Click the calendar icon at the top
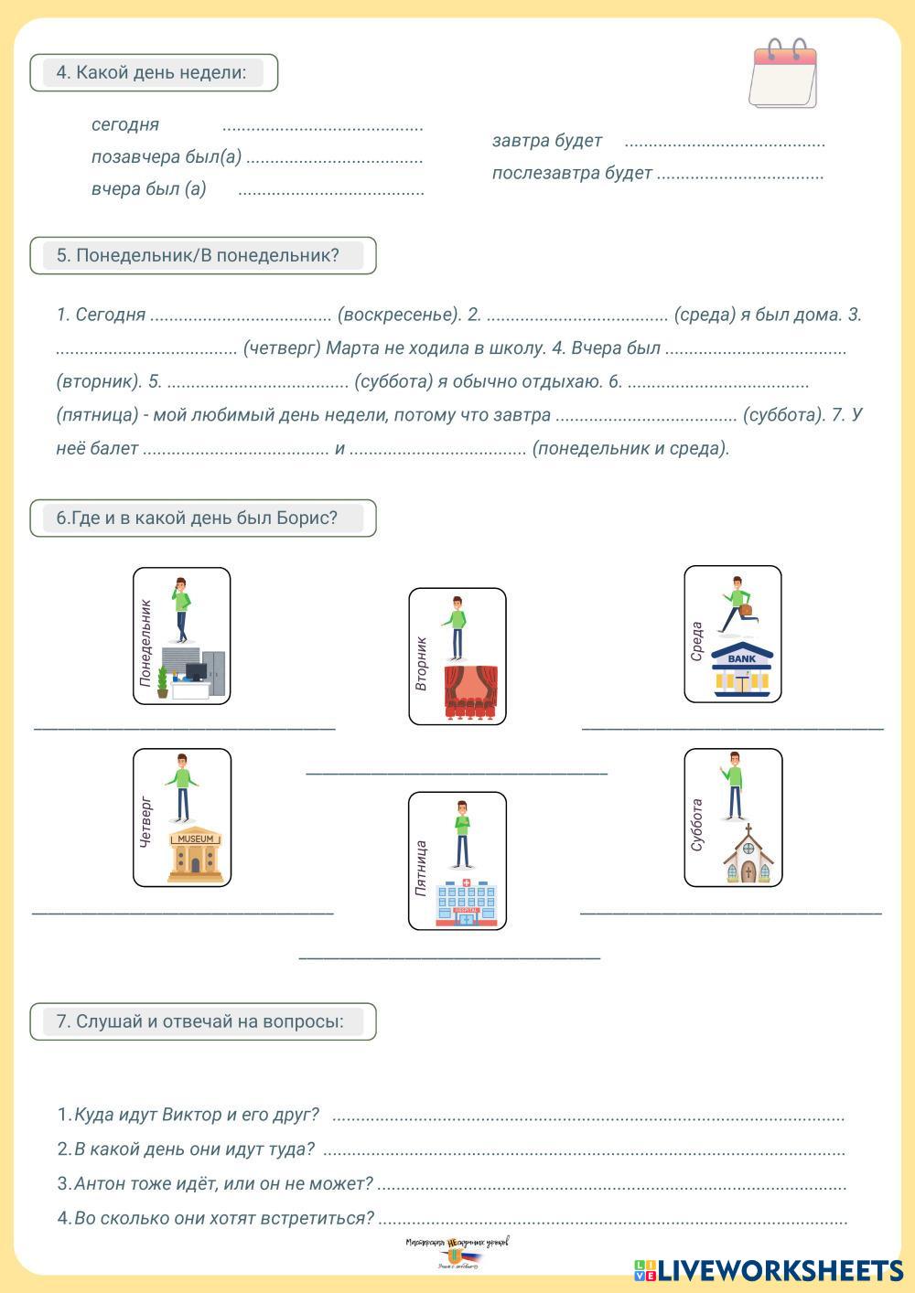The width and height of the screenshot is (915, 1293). (783, 75)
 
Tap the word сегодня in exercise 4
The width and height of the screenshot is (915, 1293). (125, 124)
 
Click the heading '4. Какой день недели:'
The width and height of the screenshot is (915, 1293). (152, 73)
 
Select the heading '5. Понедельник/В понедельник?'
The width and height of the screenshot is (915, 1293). (198, 256)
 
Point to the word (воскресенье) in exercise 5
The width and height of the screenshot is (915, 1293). (399, 315)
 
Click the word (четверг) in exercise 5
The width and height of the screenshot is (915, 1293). (282, 348)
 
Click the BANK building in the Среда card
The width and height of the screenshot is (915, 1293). (742, 670)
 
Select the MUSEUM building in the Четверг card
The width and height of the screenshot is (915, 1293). (195, 854)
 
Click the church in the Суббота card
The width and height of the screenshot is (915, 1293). (748, 856)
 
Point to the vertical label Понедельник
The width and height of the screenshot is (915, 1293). (145, 643)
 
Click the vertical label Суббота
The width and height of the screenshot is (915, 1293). (697, 825)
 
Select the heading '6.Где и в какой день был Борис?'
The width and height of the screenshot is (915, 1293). (197, 518)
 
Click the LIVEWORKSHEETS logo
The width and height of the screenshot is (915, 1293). (769, 1270)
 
